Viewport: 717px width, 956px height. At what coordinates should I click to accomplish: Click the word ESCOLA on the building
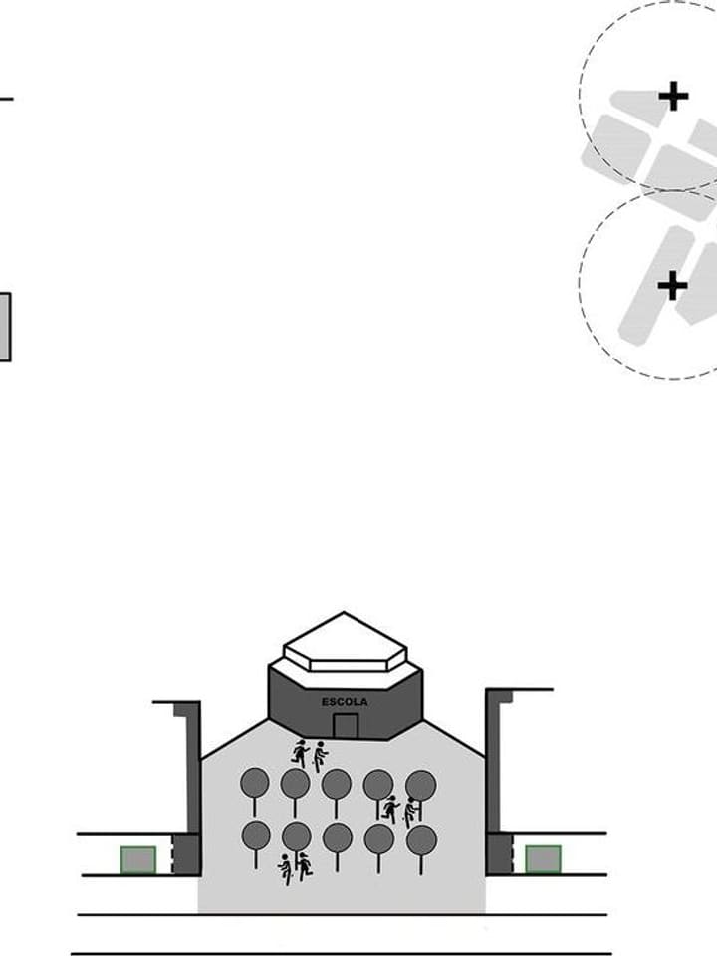[x=345, y=702]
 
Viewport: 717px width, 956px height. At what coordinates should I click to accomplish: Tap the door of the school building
[x=346, y=726]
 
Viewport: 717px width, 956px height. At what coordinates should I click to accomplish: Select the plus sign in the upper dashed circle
[x=674, y=97]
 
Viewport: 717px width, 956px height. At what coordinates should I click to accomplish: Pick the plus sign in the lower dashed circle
[x=673, y=286]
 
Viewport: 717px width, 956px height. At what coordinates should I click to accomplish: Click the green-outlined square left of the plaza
[x=138, y=860]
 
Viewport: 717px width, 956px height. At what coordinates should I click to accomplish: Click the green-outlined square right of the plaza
[x=544, y=859]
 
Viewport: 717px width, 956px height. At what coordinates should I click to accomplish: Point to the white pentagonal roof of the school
[x=345, y=642]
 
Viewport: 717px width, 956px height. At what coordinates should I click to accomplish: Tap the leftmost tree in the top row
[x=254, y=792]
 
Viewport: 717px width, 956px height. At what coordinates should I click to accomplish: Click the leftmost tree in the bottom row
[x=256, y=844]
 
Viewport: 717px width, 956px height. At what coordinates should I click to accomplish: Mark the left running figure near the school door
[x=300, y=753]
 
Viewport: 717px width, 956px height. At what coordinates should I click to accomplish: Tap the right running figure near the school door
[x=320, y=757]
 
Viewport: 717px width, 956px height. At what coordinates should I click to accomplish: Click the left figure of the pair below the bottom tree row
[x=285, y=869]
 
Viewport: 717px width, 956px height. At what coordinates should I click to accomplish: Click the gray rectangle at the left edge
[x=5, y=327]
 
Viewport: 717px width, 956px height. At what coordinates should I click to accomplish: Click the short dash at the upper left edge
[x=6, y=99]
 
